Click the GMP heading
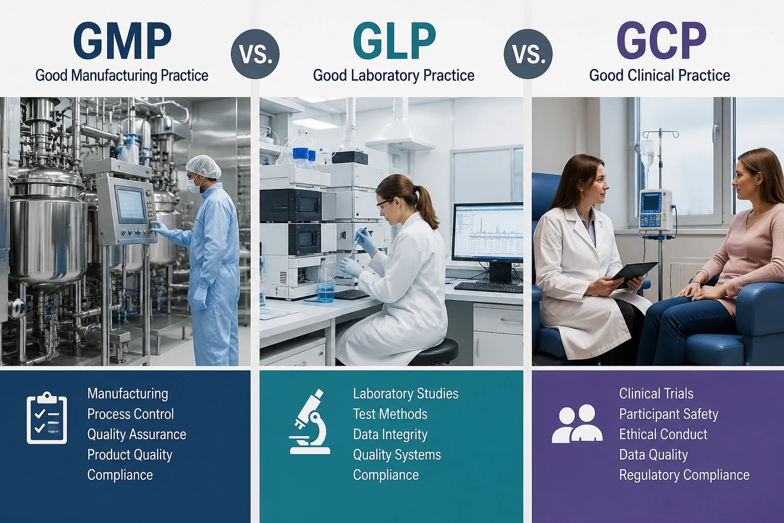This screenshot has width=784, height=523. click(122, 41)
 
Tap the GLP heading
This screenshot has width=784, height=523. click(394, 41)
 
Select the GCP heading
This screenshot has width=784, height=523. click(661, 41)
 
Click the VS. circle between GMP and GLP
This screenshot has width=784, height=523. click(255, 54)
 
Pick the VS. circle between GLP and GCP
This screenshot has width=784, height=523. click(528, 54)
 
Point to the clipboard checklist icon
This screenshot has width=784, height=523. click(46, 418)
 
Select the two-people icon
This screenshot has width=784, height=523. click(577, 423)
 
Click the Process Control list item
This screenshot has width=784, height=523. click(131, 414)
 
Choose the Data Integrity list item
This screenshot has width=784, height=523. click(390, 434)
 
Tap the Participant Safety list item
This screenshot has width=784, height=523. click(669, 414)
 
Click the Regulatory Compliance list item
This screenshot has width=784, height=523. click(684, 475)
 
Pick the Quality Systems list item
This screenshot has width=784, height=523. click(397, 455)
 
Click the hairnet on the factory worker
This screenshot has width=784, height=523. click(204, 167)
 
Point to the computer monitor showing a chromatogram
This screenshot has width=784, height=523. click(488, 232)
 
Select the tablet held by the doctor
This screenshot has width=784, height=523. click(634, 275)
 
